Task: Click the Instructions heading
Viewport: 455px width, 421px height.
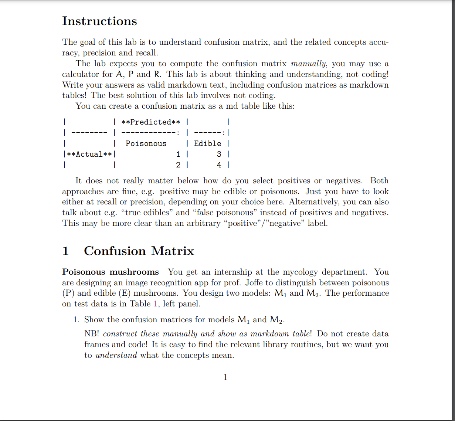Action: click(99, 21)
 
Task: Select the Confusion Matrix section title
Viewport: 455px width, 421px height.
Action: click(139, 251)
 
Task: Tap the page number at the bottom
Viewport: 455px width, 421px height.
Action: click(225, 377)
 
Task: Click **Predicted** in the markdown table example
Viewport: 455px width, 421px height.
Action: click(151, 122)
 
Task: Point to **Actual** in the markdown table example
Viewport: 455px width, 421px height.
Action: click(89, 154)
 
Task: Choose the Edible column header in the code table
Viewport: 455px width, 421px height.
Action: click(207, 143)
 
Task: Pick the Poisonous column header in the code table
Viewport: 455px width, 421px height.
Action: click(146, 143)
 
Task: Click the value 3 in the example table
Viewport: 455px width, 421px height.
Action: click(219, 154)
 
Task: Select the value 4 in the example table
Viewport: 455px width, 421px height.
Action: click(219, 165)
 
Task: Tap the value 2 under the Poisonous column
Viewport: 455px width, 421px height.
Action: click(178, 165)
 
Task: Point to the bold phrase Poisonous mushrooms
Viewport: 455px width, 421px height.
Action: click(111, 272)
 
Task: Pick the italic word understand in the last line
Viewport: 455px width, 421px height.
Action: click(116, 355)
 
